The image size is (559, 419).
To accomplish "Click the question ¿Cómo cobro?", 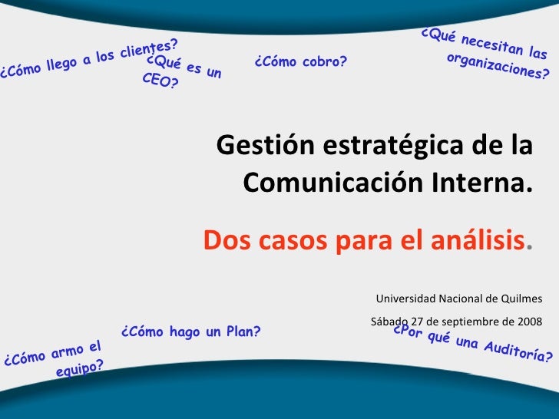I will coord(300,61).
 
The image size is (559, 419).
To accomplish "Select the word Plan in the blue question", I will coord(240,332).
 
